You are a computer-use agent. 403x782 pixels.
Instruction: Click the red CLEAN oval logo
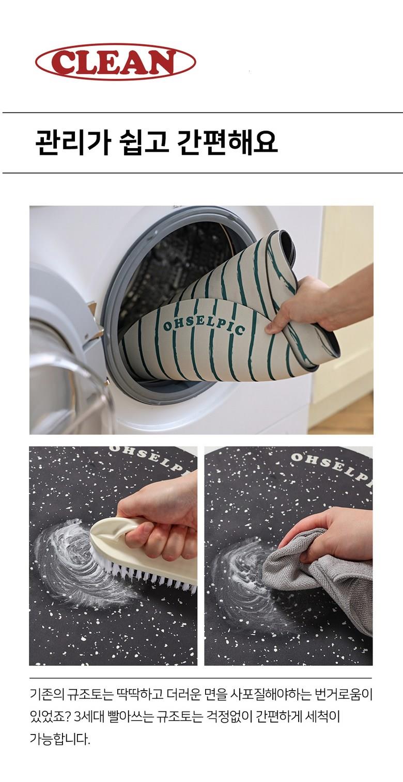115,62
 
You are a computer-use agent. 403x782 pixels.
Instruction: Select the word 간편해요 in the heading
227,142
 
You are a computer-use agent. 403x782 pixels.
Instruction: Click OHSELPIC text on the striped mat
204,326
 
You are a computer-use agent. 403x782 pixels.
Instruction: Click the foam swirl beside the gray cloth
245,580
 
